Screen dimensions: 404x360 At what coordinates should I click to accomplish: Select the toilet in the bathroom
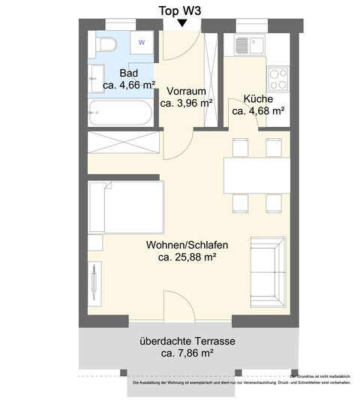tap(106, 44)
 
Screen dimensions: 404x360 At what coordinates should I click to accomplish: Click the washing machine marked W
tap(140, 43)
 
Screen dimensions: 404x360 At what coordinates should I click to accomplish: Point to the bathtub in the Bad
tap(120, 115)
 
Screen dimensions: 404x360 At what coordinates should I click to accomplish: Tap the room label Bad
tap(129, 73)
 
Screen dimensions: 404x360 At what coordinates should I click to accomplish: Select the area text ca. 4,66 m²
tap(128, 86)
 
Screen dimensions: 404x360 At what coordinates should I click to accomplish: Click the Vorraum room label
tap(186, 90)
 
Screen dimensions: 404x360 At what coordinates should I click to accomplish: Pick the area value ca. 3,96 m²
tap(186, 103)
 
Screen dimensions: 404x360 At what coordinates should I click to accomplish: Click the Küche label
tap(257, 98)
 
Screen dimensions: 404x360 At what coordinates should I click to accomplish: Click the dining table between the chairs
tap(256, 175)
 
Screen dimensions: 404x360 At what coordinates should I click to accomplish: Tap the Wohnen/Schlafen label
tap(187, 245)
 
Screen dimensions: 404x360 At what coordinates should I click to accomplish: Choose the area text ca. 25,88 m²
tap(187, 258)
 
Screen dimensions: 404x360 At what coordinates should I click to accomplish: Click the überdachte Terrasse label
tap(187, 340)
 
